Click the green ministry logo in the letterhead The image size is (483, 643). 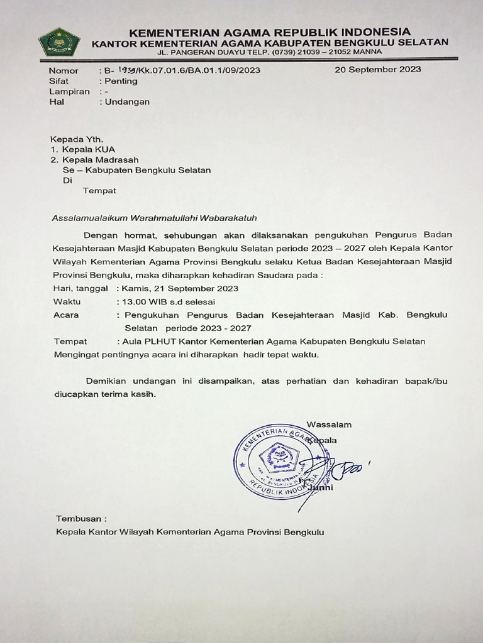click(x=59, y=42)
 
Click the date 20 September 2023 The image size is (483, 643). click(x=377, y=70)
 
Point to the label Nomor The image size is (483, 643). click(x=64, y=70)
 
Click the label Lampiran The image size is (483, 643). click(x=69, y=92)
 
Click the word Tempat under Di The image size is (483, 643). click(x=99, y=190)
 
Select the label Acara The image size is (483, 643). click(x=67, y=315)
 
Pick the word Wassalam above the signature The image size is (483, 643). click(x=329, y=424)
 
